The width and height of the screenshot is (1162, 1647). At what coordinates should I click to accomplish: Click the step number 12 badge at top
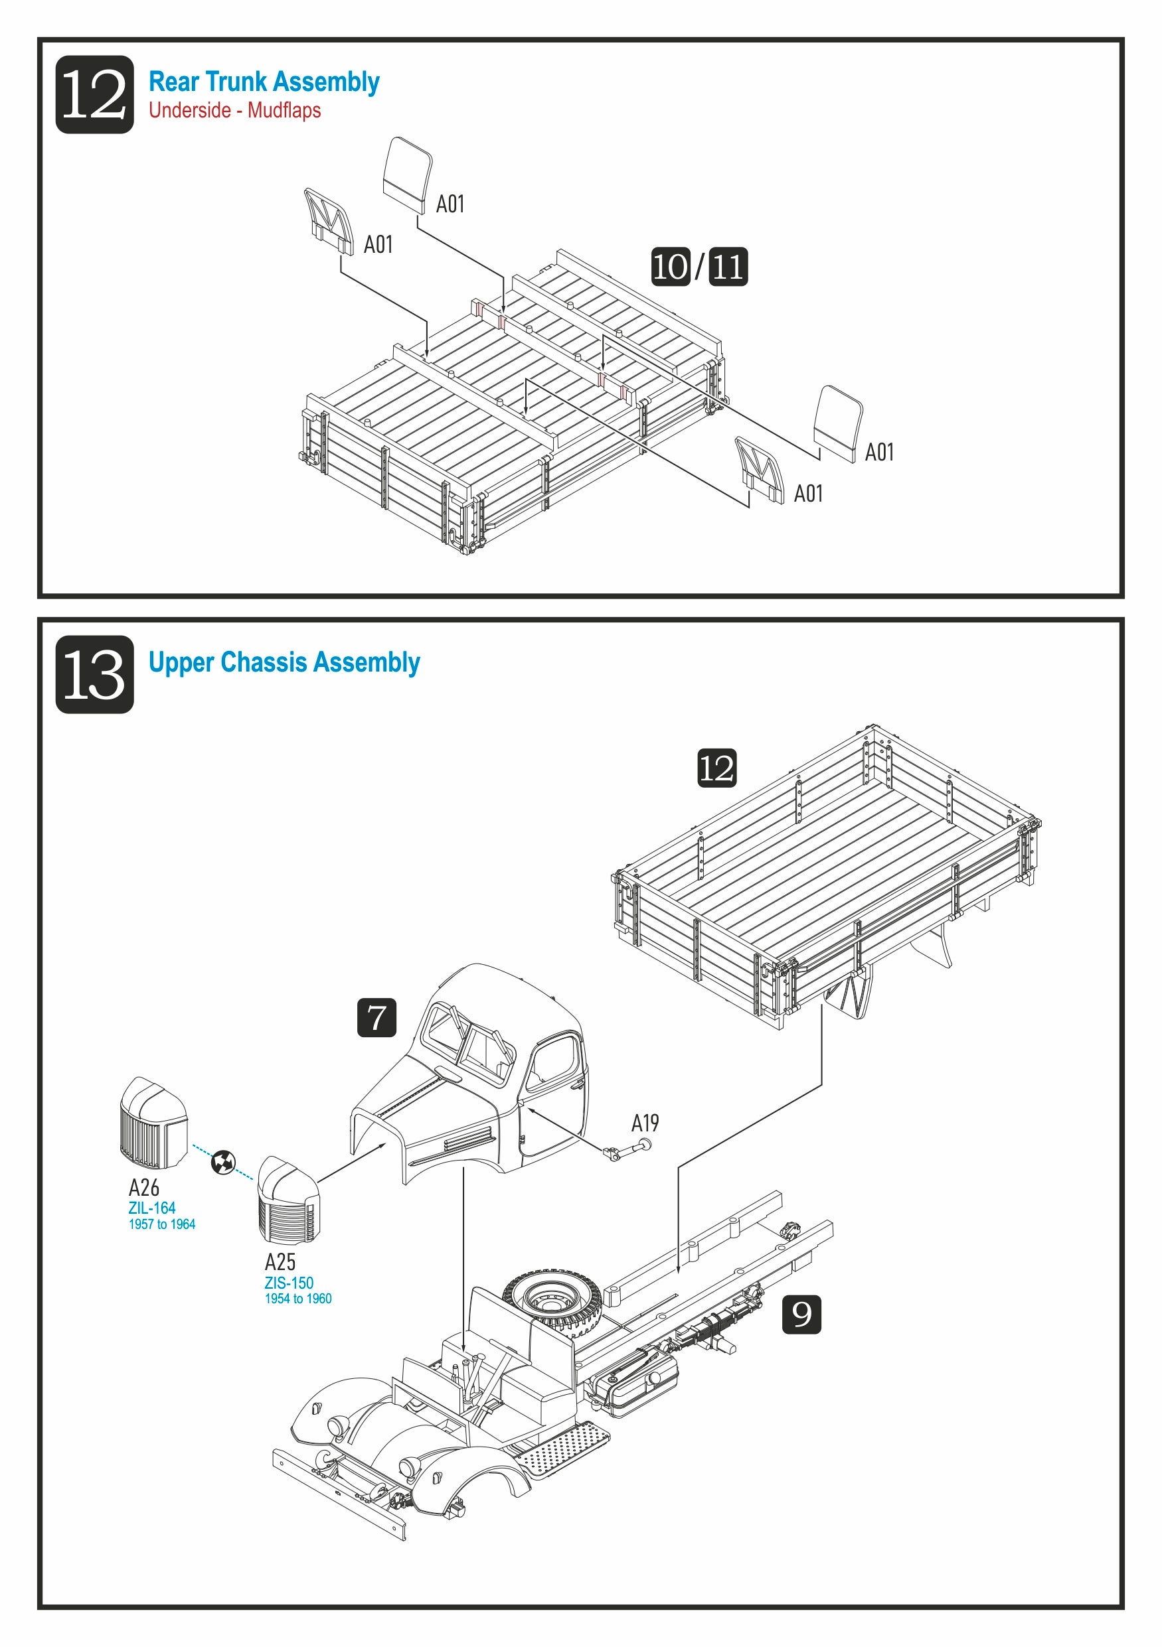coord(94,94)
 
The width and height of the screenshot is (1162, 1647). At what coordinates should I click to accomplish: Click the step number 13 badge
coord(94,674)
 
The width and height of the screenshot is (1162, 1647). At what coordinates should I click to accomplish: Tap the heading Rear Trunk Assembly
coord(264,82)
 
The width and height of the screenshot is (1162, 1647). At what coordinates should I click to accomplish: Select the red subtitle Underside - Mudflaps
coord(234,110)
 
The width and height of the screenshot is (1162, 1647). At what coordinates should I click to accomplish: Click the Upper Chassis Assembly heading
coord(284,662)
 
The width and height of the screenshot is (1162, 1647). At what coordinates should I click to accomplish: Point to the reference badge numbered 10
coord(669,267)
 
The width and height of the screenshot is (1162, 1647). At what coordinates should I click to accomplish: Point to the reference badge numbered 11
coord(728,267)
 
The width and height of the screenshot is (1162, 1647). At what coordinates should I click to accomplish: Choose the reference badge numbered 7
coord(376,1017)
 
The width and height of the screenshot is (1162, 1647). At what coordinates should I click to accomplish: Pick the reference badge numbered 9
coord(801,1314)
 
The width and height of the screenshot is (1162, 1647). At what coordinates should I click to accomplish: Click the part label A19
coord(645,1123)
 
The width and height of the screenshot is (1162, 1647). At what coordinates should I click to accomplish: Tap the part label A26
coord(143,1188)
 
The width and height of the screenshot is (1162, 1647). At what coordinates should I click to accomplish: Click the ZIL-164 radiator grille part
coord(153,1124)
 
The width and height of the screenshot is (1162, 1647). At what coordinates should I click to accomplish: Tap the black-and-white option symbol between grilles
coord(223,1162)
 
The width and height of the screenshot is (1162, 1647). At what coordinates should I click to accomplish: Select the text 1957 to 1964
coord(161,1224)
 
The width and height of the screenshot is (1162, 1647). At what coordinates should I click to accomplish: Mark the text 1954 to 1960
coord(298,1299)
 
